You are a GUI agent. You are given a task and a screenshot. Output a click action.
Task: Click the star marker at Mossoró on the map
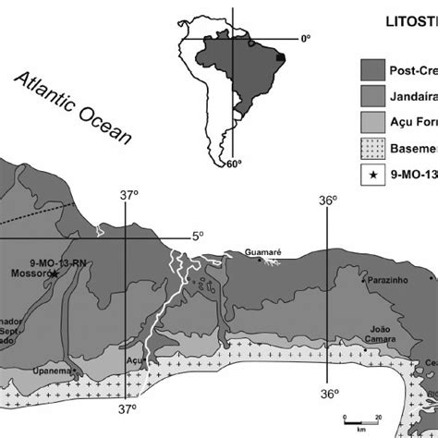[55, 274]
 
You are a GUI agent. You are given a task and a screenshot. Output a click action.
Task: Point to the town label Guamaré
[262, 251]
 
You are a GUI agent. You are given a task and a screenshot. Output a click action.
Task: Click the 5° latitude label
[197, 236]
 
